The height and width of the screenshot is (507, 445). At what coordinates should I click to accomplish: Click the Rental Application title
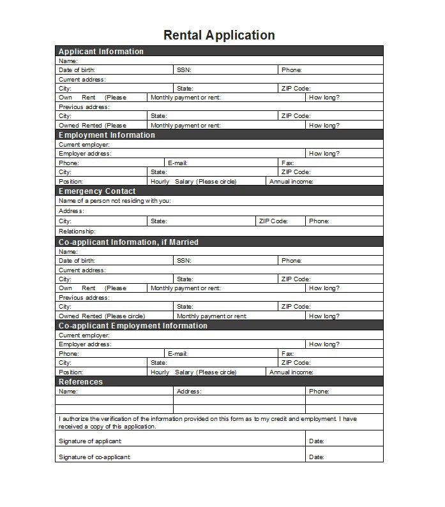(x=219, y=35)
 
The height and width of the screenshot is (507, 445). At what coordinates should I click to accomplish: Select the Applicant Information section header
(x=101, y=51)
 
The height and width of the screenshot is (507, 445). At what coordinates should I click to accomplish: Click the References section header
(x=80, y=381)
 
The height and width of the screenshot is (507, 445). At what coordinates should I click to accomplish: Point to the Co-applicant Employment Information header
(x=133, y=325)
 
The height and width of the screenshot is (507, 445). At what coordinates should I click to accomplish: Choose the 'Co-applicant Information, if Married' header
(x=128, y=242)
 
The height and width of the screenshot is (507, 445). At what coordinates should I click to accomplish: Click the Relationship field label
(x=77, y=231)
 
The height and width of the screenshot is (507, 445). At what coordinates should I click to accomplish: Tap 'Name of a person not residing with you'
(x=114, y=200)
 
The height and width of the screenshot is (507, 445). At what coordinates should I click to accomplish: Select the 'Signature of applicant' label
(x=90, y=441)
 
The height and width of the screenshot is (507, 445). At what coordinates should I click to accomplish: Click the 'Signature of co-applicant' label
(x=94, y=457)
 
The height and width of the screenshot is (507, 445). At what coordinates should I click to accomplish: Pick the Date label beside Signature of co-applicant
(x=317, y=457)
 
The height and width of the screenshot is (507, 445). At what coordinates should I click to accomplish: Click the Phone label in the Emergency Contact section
(x=319, y=221)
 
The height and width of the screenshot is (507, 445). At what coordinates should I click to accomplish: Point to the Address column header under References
(x=189, y=391)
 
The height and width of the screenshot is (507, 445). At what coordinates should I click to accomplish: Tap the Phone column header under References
(x=319, y=391)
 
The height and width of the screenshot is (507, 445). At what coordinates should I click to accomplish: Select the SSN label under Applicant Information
(x=184, y=70)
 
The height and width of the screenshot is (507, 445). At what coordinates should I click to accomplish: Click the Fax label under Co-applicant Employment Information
(x=287, y=353)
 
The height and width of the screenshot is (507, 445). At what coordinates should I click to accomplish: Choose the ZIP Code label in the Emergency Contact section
(x=273, y=221)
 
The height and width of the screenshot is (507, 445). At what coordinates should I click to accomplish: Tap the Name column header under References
(x=68, y=391)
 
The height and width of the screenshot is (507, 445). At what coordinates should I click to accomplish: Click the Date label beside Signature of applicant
(x=317, y=441)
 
